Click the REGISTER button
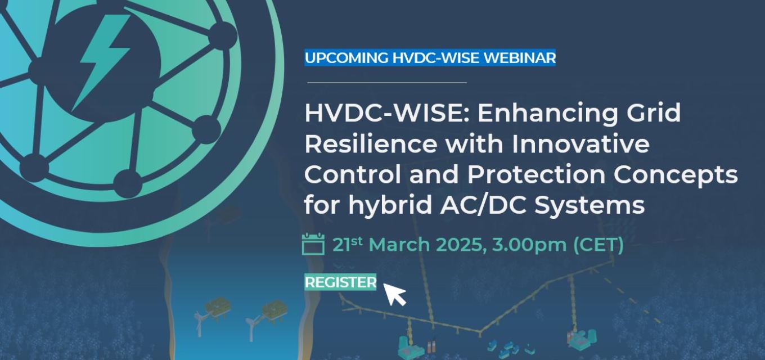pyautogui.click(x=340, y=282)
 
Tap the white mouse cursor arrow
pyautogui.click(x=394, y=293)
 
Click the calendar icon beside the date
pyautogui.click(x=313, y=244)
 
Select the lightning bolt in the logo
pyautogui.click(x=102, y=61)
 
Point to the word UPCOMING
pyautogui.click(x=346, y=58)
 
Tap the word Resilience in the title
pyautogui.click(x=371, y=144)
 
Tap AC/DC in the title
pyautogui.click(x=483, y=205)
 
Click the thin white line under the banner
pyautogui.click(x=387, y=83)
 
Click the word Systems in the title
pyautogui.click(x=589, y=206)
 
